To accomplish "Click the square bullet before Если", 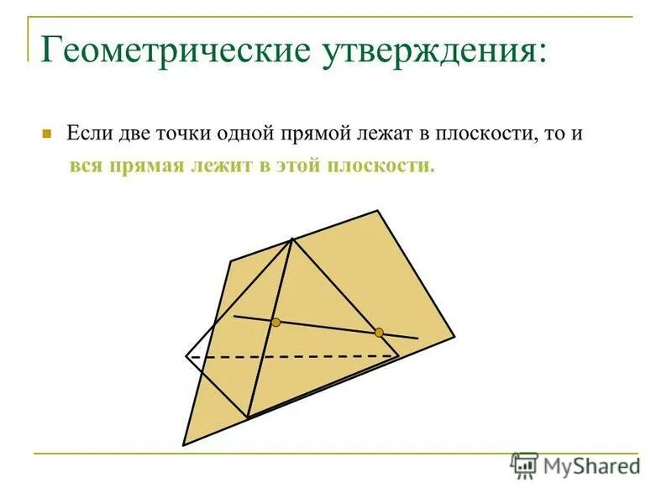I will [x=48, y=134].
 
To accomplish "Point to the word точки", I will [x=183, y=134].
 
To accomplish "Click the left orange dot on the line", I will [x=276, y=322].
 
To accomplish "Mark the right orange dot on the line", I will [x=379, y=333].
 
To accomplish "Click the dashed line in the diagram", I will [x=294, y=356].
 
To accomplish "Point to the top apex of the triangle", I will [x=291, y=239].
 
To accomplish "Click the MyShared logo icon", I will [x=524, y=465].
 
